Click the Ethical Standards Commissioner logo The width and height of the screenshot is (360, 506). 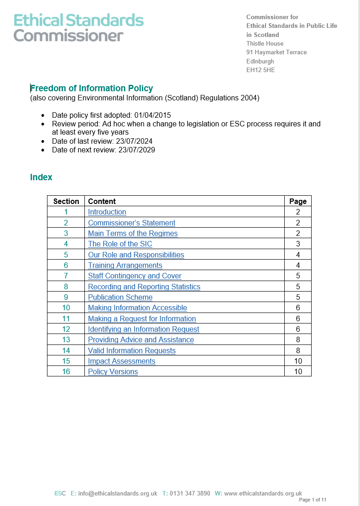(78, 27)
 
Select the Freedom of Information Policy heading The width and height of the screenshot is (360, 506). (92, 89)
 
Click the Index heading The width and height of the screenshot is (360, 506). (41, 177)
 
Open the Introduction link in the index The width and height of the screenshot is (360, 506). (107, 212)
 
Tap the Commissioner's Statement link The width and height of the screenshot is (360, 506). (131, 223)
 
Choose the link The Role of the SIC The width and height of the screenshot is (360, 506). (120, 244)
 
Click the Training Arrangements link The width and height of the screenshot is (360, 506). (125, 266)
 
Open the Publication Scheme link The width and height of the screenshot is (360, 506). (120, 297)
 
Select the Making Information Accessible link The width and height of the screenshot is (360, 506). (137, 308)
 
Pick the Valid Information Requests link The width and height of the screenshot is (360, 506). (131, 351)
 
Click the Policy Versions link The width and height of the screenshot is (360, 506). (113, 372)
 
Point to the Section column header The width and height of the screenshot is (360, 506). (66, 201)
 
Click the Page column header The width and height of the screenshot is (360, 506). (298, 201)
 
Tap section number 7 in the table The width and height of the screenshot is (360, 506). (66, 276)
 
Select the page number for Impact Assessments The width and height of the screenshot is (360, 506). (298, 361)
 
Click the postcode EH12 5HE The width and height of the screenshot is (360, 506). (261, 70)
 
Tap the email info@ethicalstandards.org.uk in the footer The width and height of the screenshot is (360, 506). (118, 493)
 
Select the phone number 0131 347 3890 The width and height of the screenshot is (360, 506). (190, 493)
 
